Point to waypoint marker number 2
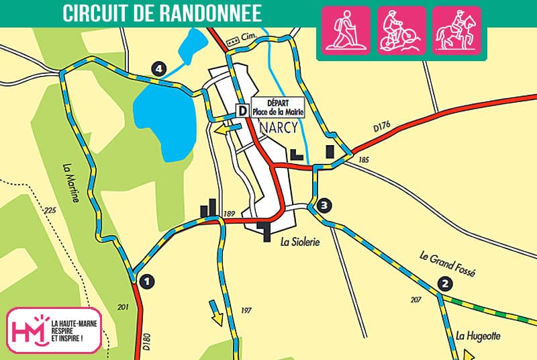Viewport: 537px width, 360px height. (444, 284)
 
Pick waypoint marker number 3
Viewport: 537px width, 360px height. (324, 206)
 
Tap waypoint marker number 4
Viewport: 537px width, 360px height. (158, 68)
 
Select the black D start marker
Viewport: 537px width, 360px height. (242, 110)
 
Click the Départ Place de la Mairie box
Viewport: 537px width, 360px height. (278, 107)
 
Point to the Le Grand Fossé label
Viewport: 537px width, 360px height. (447, 265)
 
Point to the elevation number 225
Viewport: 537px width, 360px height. (49, 211)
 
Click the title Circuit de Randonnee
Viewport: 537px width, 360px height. (162, 14)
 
